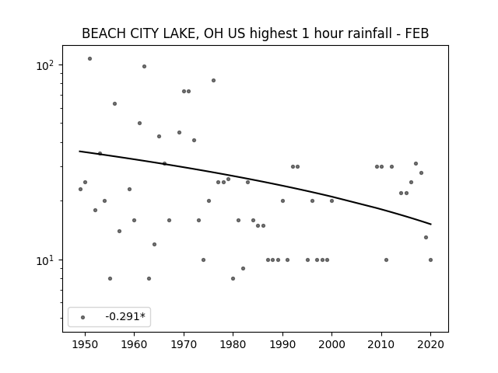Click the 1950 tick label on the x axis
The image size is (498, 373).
tap(85, 344)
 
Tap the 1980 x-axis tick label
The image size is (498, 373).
tap(233, 344)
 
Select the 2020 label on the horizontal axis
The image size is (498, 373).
tap(430, 344)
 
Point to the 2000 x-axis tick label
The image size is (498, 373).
tap(332, 344)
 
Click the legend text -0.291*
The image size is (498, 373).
tap(125, 316)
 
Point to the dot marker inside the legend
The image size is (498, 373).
tap(83, 317)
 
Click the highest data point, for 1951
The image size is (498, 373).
tap(90, 59)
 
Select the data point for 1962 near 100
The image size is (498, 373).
tap(144, 66)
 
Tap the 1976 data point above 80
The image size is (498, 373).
tap(213, 81)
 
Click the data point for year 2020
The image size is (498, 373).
tap(430, 260)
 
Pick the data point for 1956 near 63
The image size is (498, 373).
tap(114, 103)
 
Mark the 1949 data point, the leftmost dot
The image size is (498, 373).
tap(80, 190)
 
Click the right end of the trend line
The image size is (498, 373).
tap(431, 225)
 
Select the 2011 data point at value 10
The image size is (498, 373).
tap(386, 260)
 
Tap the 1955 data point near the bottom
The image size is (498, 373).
tap(110, 279)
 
